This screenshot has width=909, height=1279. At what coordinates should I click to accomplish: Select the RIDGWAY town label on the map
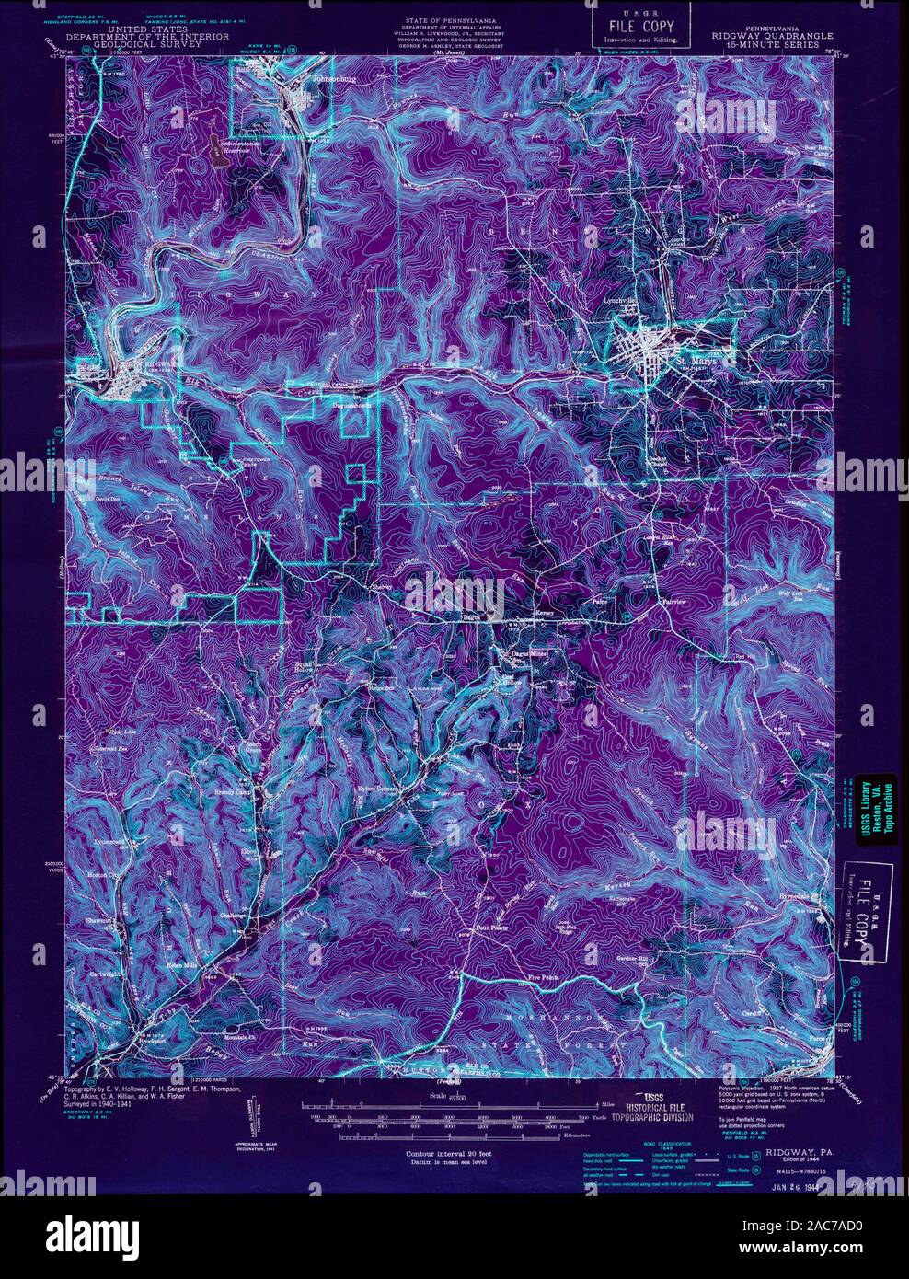(149, 363)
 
